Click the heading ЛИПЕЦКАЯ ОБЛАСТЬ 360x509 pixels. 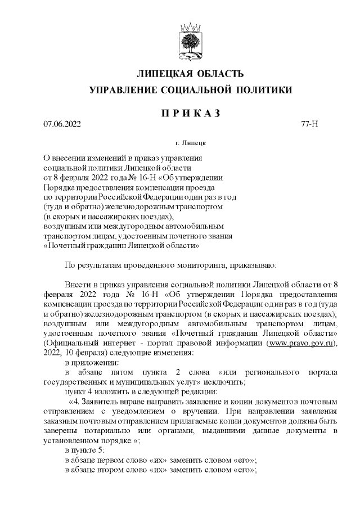point(191,74)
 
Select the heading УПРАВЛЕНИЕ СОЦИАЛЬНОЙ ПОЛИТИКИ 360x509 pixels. point(191,89)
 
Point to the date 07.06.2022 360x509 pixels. point(62,124)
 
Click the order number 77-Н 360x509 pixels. point(310,124)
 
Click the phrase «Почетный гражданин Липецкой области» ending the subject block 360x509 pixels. point(121,245)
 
